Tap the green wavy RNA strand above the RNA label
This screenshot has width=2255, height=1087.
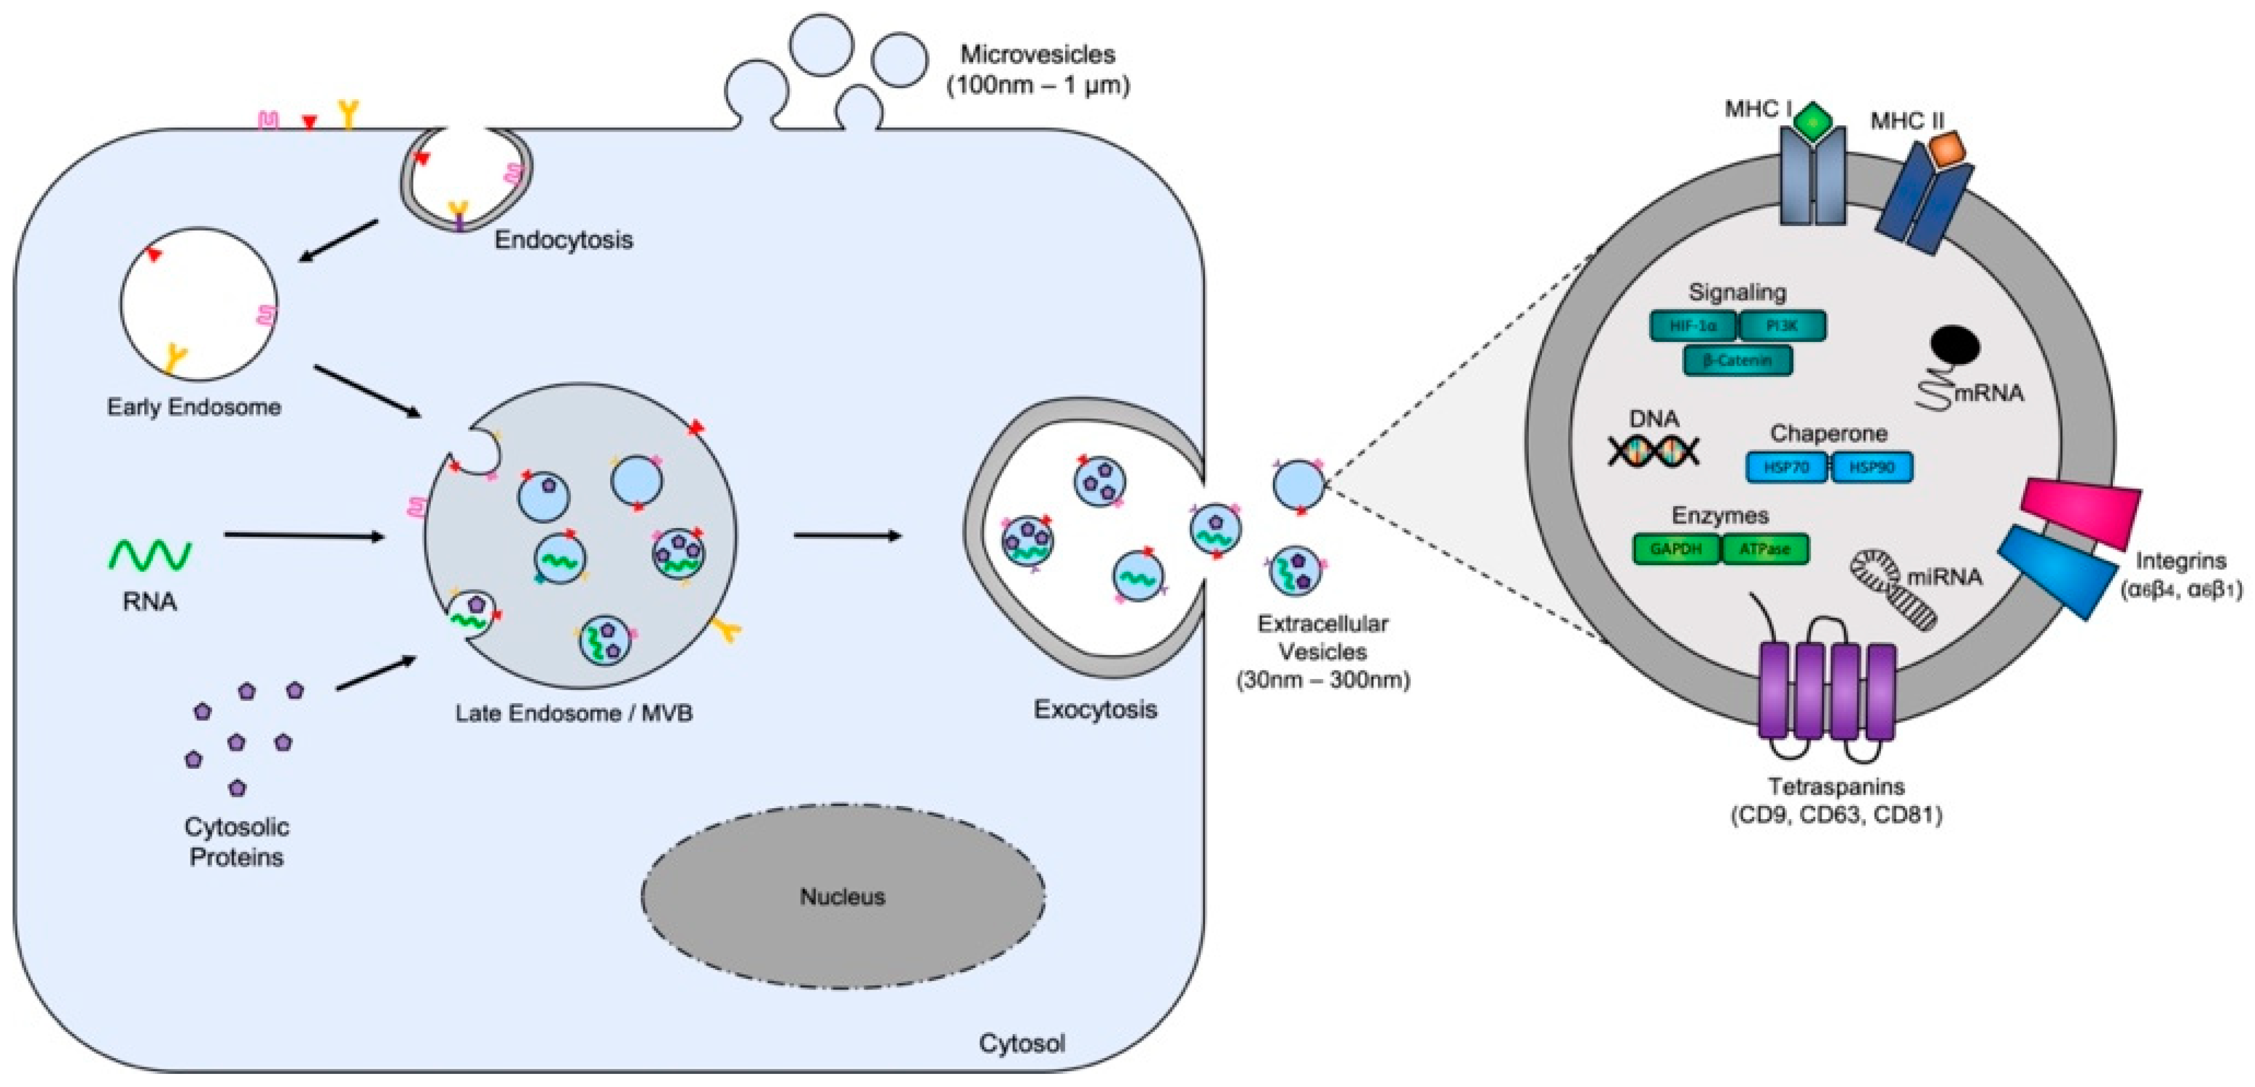(x=150, y=555)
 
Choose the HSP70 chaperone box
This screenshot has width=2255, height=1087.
(x=1786, y=467)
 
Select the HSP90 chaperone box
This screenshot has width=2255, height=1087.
(x=1871, y=467)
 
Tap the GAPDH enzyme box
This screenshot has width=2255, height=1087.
(x=1675, y=550)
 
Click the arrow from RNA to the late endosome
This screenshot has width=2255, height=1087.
(x=304, y=535)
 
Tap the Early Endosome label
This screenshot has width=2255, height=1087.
(x=194, y=407)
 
